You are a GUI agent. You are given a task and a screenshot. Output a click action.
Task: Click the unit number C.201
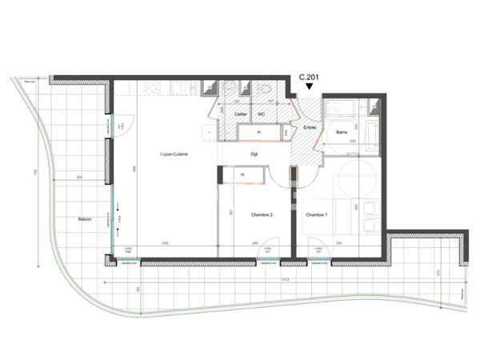coord(310,78)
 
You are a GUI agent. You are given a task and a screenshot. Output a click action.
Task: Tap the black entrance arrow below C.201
coord(310,88)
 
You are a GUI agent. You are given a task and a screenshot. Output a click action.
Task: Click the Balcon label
coord(85,218)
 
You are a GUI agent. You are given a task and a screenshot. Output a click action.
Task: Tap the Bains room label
coord(342,132)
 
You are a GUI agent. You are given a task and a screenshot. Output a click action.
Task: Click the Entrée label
coord(310,127)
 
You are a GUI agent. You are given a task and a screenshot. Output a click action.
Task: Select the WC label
coord(261,114)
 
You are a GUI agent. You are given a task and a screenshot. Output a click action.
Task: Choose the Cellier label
coord(240,114)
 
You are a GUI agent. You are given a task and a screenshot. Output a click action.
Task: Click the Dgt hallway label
coord(254,154)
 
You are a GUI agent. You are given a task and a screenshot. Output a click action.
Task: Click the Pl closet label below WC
coord(259,131)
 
